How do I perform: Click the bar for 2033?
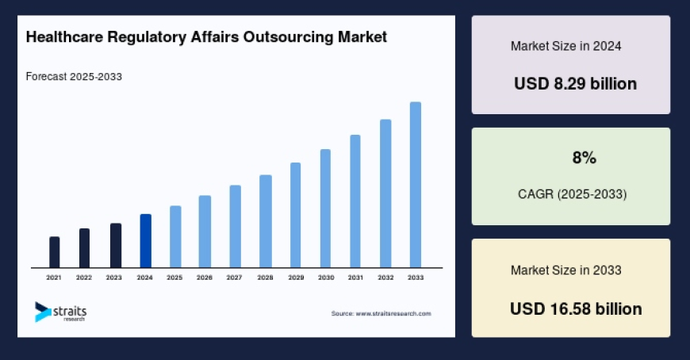[415, 185]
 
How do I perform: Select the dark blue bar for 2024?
[145, 241]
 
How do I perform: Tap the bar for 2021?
[54, 252]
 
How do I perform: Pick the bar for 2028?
[266, 221]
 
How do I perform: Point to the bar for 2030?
[325, 209]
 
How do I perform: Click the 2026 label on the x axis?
[205, 278]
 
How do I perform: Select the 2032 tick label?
[385, 278]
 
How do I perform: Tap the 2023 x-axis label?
[114, 278]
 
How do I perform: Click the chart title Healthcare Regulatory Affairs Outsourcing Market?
[206, 37]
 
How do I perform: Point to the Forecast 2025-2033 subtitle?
[74, 77]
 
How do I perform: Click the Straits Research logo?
[61, 312]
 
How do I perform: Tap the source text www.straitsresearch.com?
[381, 314]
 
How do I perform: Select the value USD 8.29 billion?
[575, 83]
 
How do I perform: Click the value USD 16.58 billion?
[575, 308]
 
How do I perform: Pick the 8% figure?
[584, 158]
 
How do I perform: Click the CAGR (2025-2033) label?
[571, 193]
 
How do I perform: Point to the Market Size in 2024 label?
[565, 46]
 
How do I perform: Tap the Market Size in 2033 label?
[565, 270]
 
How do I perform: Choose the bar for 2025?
[175, 237]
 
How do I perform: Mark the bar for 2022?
[84, 248]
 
